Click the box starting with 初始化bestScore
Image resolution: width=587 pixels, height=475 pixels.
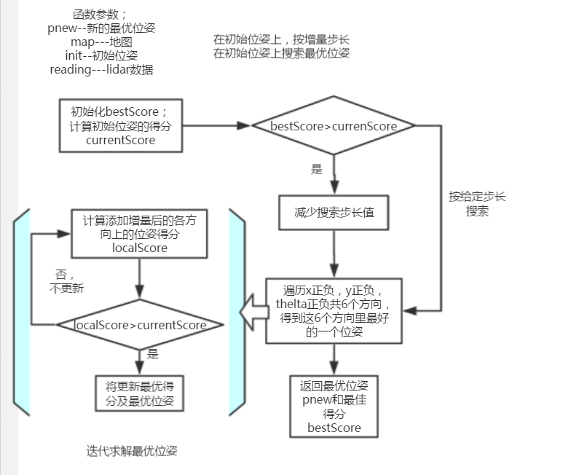(x=120, y=125)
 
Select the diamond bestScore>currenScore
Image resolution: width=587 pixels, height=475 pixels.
(x=334, y=126)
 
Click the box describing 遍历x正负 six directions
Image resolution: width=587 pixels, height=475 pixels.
(x=334, y=310)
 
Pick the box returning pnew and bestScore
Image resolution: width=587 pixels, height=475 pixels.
(x=334, y=406)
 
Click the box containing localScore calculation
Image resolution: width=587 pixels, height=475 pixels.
(x=139, y=234)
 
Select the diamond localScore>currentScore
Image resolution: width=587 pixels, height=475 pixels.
(x=139, y=325)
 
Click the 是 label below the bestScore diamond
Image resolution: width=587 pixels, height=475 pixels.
(x=316, y=169)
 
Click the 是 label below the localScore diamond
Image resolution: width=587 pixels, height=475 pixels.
(x=153, y=354)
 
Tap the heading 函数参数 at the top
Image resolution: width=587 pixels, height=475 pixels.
(x=101, y=14)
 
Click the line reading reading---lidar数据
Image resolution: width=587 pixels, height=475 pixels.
(x=101, y=70)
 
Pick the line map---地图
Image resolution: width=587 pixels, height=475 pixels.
(x=101, y=42)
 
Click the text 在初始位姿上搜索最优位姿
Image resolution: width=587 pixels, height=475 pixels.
(x=281, y=53)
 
